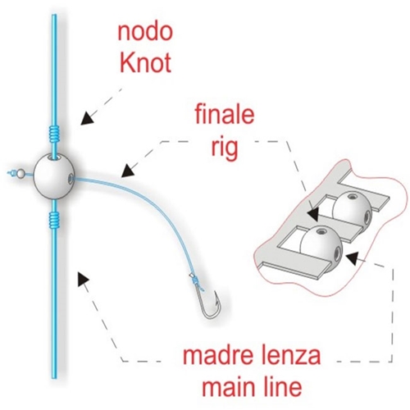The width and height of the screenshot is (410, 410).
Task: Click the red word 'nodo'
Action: pyautogui.click(x=145, y=32)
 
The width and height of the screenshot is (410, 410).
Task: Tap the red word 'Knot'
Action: pyautogui.click(x=146, y=63)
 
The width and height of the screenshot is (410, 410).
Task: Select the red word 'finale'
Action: pyautogui.click(x=225, y=115)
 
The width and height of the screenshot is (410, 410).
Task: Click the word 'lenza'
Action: pyautogui.click(x=287, y=355)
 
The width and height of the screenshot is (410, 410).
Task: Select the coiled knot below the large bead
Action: pyautogui.click(x=54, y=220)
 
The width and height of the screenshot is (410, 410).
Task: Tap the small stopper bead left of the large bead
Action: pyautogui.click(x=20, y=173)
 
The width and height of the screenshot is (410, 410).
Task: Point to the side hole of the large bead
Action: pyautogui.click(x=71, y=179)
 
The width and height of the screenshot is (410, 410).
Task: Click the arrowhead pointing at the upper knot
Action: pyautogui.click(x=87, y=118)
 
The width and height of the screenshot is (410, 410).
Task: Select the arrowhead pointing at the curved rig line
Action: pyautogui.click(x=129, y=171)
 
